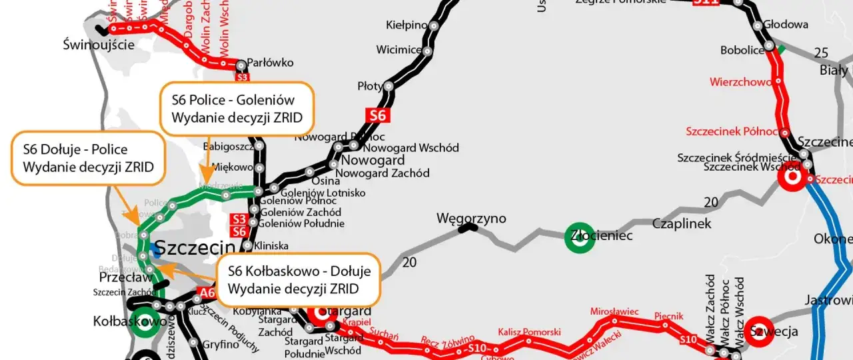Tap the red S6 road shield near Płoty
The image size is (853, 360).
[x=378, y=115]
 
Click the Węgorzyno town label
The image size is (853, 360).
[x=471, y=219]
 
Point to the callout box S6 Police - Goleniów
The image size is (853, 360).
[x=237, y=109]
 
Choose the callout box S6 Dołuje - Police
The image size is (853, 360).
[x=87, y=158]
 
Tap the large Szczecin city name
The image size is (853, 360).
[x=195, y=248]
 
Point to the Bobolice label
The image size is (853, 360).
[x=742, y=50]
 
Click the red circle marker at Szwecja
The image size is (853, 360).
[x=759, y=331]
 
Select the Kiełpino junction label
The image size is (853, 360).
[x=407, y=25]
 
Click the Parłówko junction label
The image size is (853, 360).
[x=270, y=63]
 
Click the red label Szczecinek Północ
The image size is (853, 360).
[x=732, y=131]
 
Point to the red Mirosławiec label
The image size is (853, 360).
[x=614, y=311]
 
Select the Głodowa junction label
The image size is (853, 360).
[x=786, y=25]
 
